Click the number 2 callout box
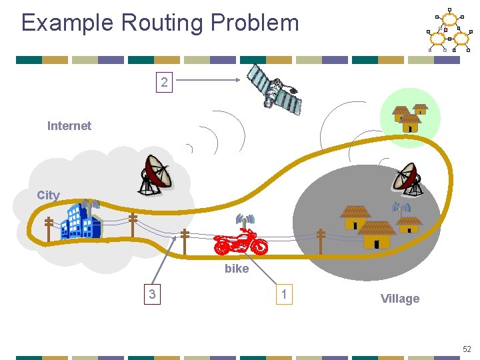pyautogui.click(x=164, y=83)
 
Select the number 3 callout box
pyautogui.click(x=154, y=293)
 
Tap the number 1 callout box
pyautogui.click(x=285, y=293)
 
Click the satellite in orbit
pyautogui.click(x=275, y=89)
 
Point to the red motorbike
pyautogui.click(x=241, y=242)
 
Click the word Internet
pyautogui.click(x=69, y=125)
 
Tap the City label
pyautogui.click(x=48, y=195)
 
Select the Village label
pyautogui.click(x=400, y=299)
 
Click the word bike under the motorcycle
pyautogui.click(x=237, y=269)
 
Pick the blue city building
pyautogui.click(x=80, y=220)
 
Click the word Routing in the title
pyautogui.click(x=163, y=23)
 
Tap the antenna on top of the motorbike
pyautogui.click(x=245, y=220)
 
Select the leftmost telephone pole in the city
pyautogui.click(x=49, y=228)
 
